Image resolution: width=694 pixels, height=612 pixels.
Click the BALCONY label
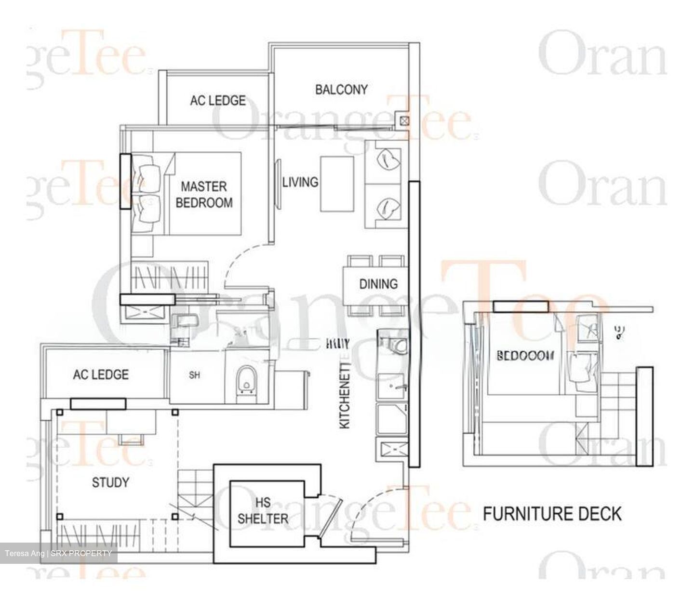tap(341, 89)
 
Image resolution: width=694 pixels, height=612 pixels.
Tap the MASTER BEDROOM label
tap(204, 194)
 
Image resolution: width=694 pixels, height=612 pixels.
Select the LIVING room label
tap(300, 182)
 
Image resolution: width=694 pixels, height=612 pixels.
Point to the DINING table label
tap(378, 283)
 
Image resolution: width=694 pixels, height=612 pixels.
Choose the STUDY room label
tap(110, 482)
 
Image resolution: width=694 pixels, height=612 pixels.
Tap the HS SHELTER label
tap(263, 511)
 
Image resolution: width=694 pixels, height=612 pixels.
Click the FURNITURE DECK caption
tap(552, 514)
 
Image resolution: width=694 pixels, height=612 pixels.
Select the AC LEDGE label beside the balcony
tap(218, 100)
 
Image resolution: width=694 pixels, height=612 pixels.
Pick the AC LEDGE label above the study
tap(101, 374)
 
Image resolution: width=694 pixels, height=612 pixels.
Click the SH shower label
tap(195, 375)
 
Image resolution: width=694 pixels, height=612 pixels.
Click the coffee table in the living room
tap(337, 183)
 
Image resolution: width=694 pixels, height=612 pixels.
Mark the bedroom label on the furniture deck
tap(525, 356)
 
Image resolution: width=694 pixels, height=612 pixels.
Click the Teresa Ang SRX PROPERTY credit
tap(59, 553)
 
